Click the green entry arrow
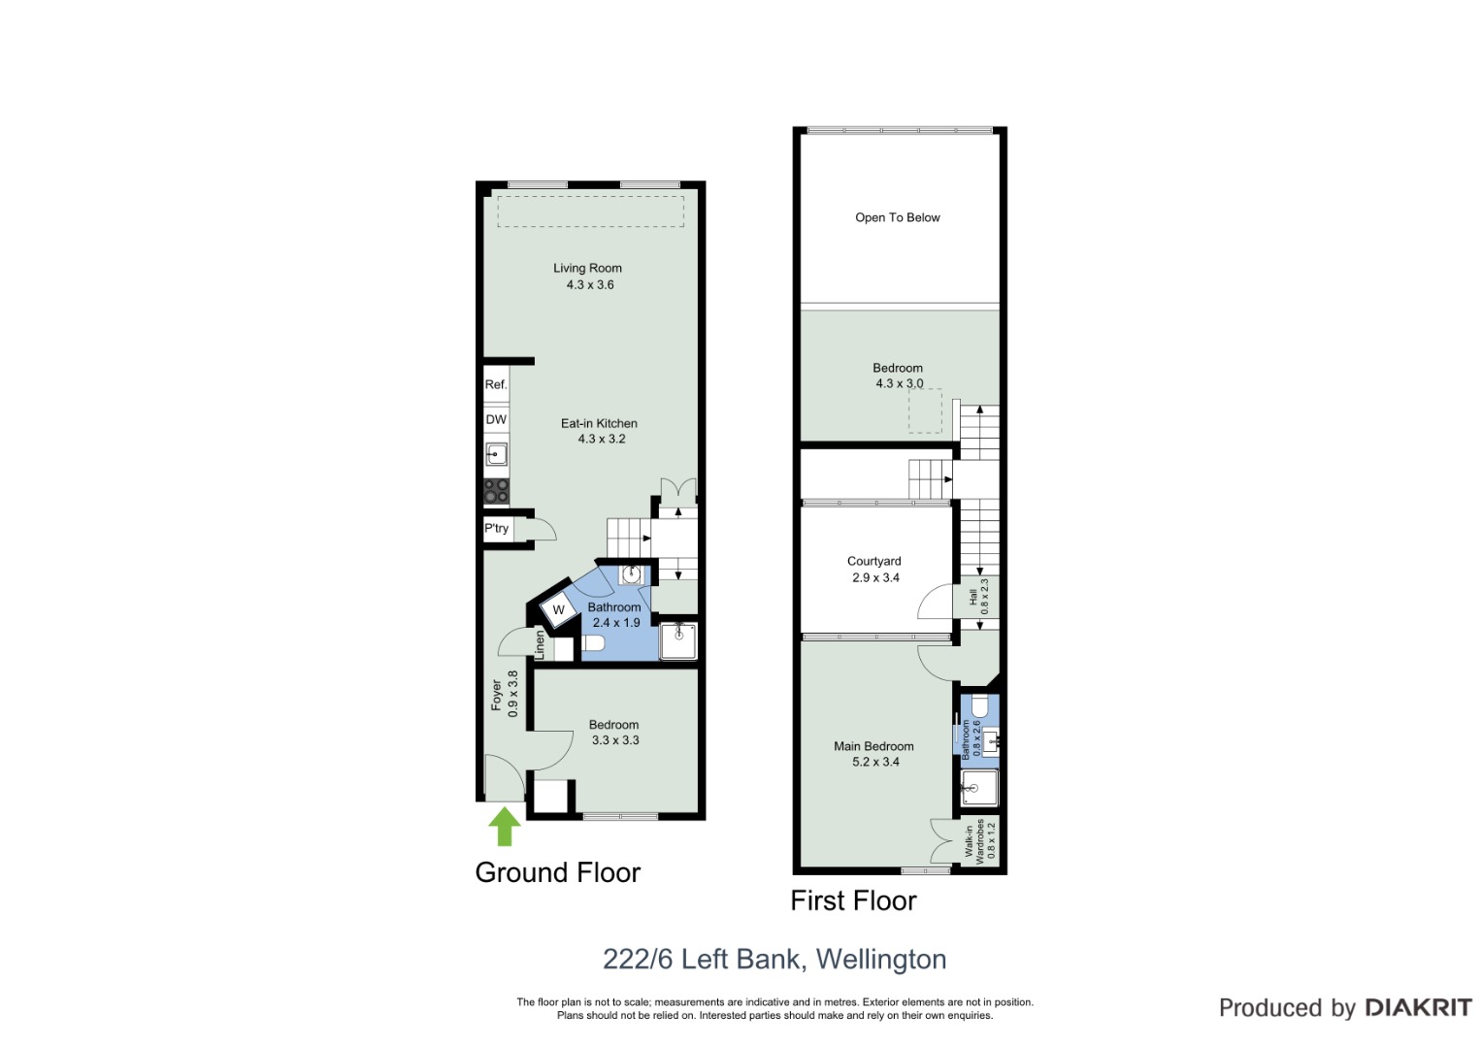tap(504, 826)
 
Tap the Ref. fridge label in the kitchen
tap(496, 384)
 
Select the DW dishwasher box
tap(496, 419)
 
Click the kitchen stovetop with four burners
tap(496, 492)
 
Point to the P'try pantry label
tap(496, 528)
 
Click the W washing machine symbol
tap(558, 609)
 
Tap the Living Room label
tap(587, 268)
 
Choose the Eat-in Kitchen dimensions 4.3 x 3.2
tap(602, 439)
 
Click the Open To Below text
tap(897, 217)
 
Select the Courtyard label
tap(874, 561)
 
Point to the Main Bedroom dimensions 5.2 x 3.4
tap(875, 762)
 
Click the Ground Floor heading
tap(558, 872)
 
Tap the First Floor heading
tap(853, 900)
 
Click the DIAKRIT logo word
tap(1419, 1007)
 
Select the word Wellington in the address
tap(881, 959)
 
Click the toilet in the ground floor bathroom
tap(593, 643)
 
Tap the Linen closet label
tap(540, 645)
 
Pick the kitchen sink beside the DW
tap(496, 455)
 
